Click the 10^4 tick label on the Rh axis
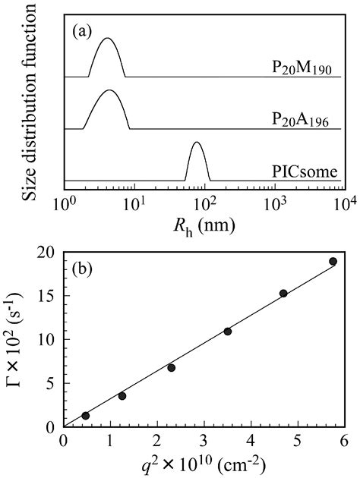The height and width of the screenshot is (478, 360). coord(335,204)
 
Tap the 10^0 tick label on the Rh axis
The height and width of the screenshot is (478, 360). coord(68,204)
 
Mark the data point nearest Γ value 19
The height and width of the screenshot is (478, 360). coord(333,261)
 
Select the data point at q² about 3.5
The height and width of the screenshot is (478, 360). coord(227,331)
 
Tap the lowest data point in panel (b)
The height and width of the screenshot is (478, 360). coord(86,415)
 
